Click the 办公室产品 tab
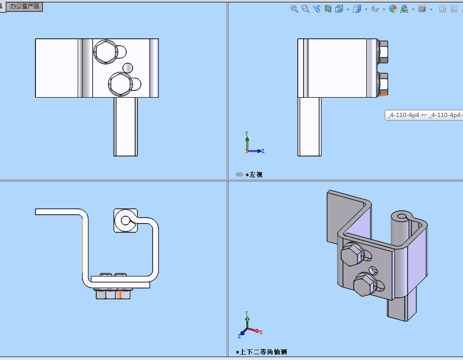(x=25, y=6)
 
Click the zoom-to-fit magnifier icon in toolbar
(x=294, y=9)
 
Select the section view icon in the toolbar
(x=328, y=9)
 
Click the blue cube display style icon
(x=357, y=9)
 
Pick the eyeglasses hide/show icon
(x=375, y=9)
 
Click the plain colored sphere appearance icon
(x=393, y=9)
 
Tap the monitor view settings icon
(x=422, y=9)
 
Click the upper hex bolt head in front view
(x=105, y=52)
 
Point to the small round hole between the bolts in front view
(x=128, y=67)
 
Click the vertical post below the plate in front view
(x=126, y=126)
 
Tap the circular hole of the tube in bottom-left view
(x=125, y=221)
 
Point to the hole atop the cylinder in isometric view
(x=401, y=215)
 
